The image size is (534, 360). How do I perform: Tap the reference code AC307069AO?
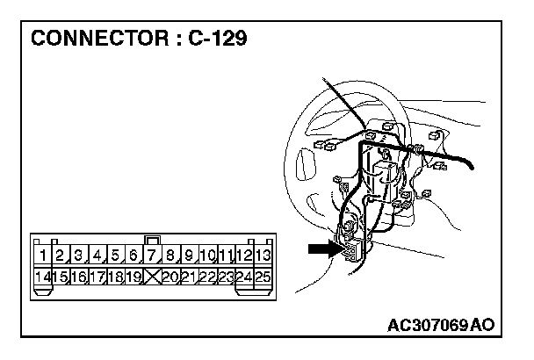440,325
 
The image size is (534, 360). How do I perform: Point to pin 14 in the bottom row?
40,277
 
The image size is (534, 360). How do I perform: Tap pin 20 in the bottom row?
170,277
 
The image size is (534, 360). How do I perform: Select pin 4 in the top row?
97,256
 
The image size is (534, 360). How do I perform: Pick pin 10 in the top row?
206,256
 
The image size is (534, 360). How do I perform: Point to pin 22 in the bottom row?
206,277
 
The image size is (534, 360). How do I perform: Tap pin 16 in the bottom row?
78,277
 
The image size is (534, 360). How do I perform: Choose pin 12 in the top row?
243,256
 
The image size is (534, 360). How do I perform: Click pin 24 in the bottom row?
243,277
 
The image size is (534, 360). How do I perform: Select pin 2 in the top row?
60,256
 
